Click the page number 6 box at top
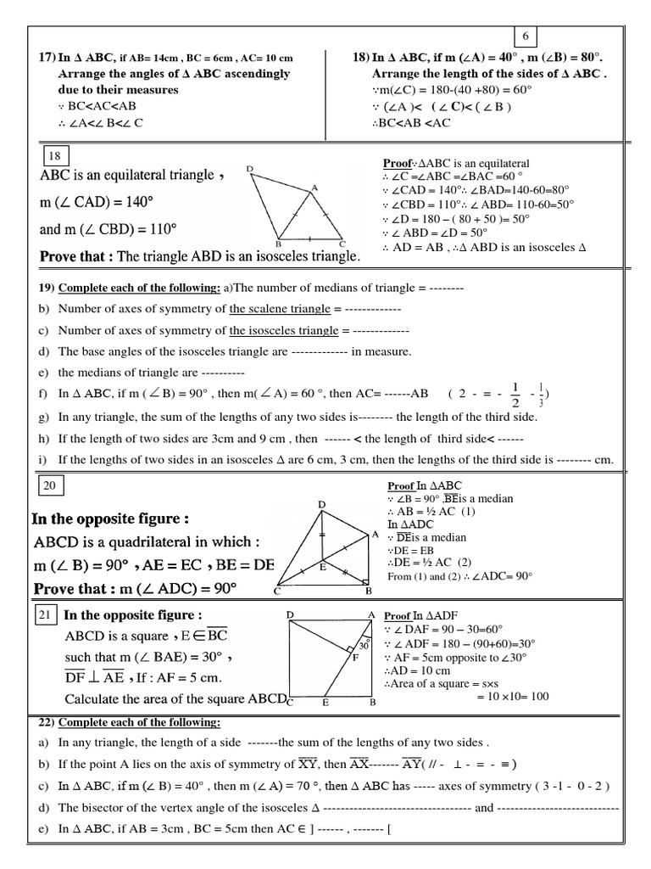(525, 35)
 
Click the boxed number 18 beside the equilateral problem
(54, 155)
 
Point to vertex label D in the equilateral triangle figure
(250, 170)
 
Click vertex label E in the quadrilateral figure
(323, 567)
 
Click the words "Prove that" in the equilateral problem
(75, 255)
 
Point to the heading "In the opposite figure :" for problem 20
(110, 519)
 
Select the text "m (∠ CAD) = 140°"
(108, 202)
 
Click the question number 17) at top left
(47, 58)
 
